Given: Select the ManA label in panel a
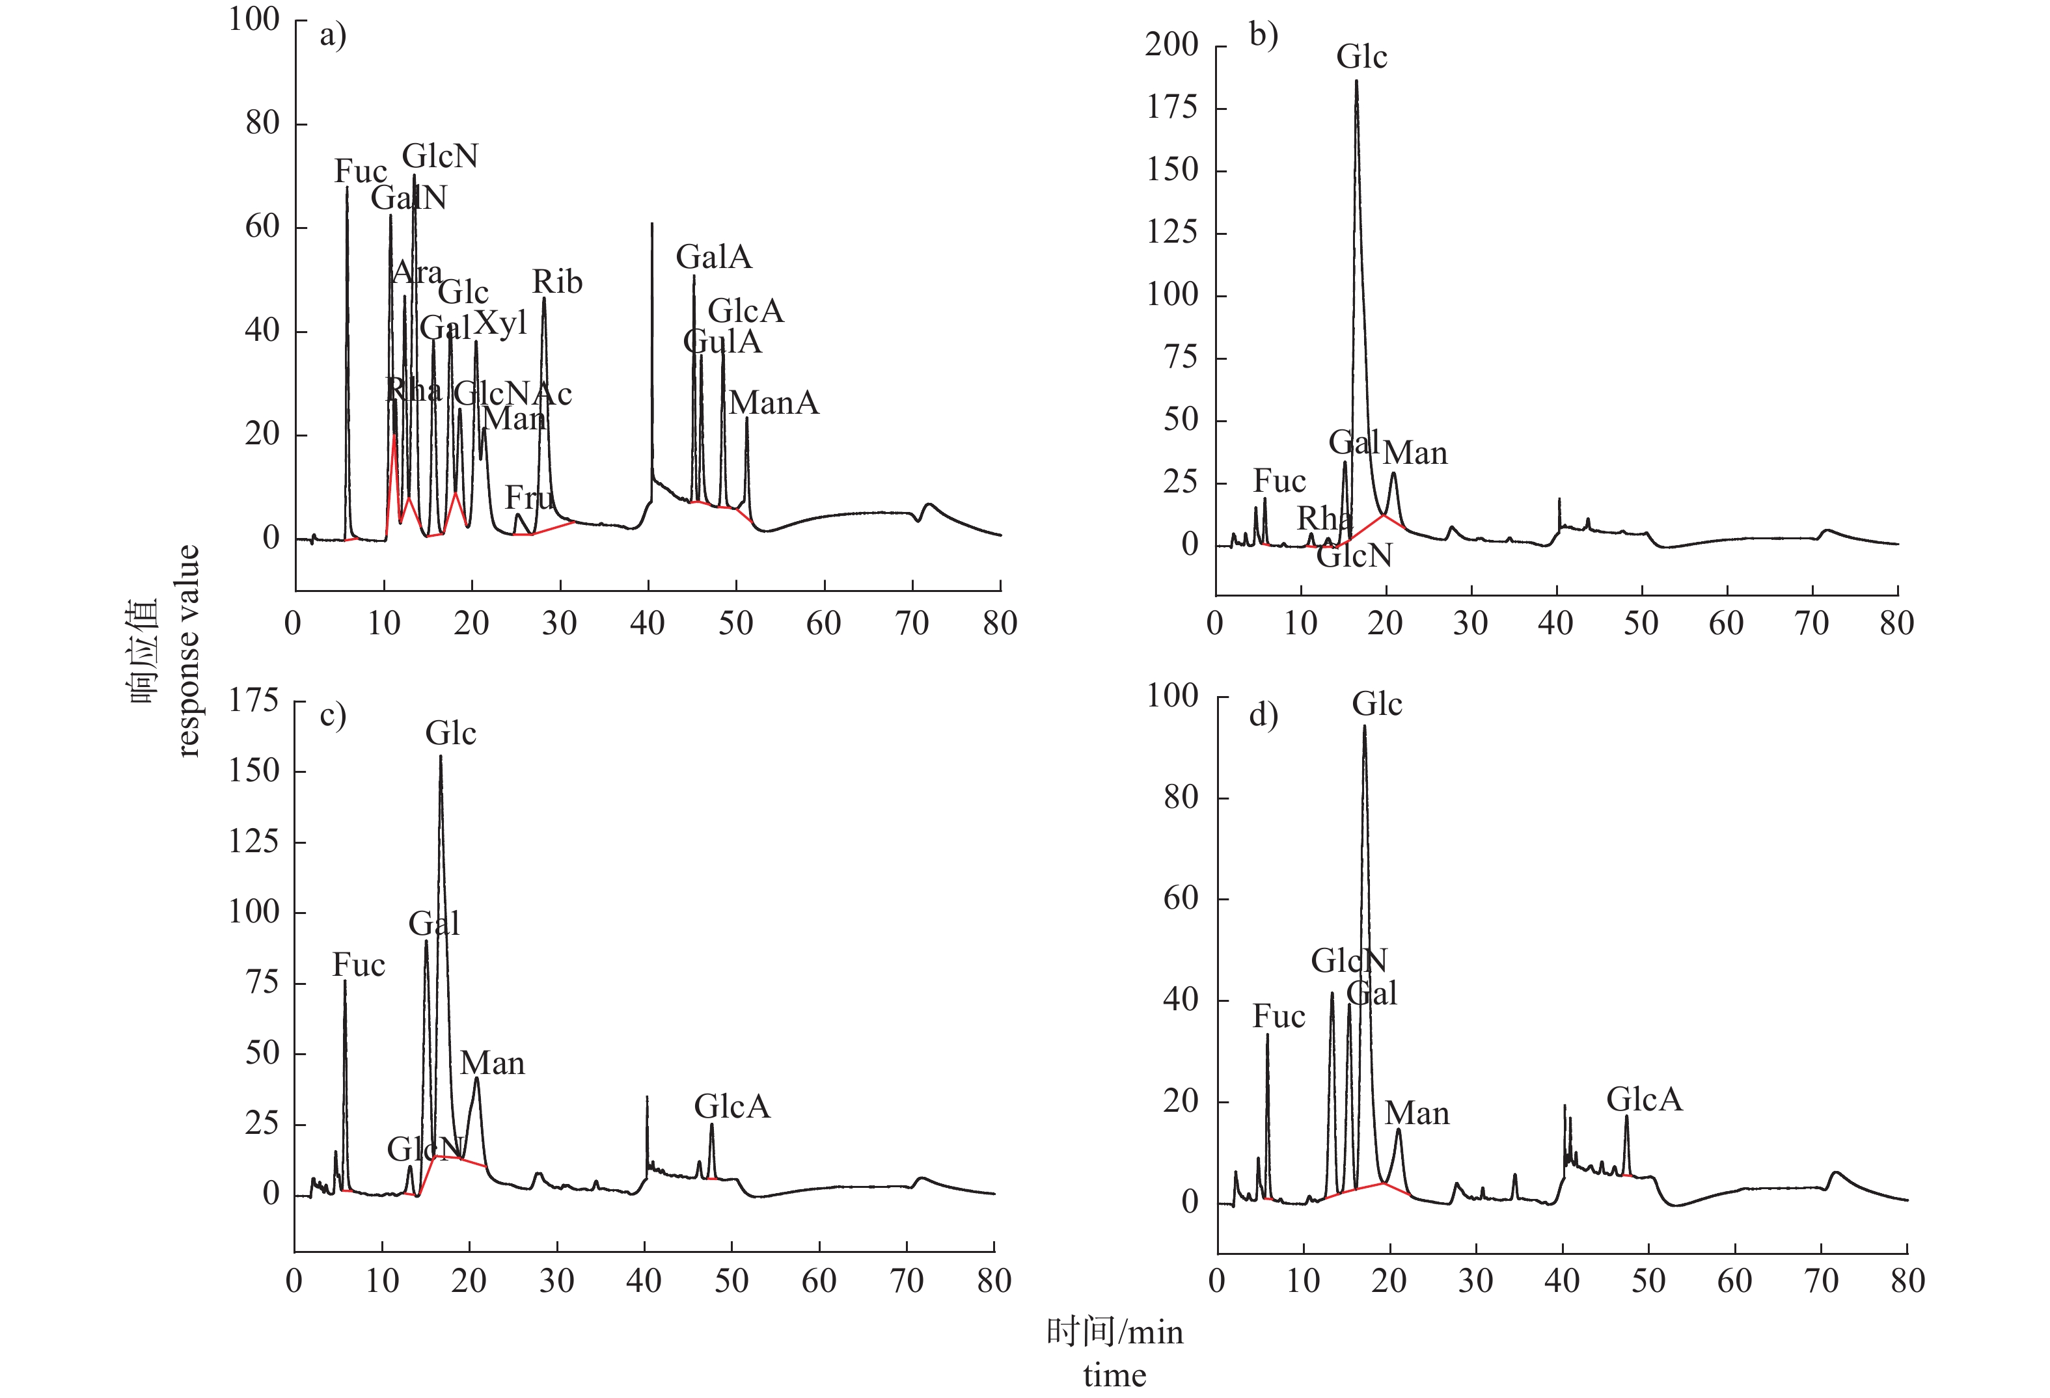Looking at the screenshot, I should (774, 403).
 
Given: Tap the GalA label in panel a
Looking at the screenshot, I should (714, 258).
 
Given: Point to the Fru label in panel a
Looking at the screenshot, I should (528, 498).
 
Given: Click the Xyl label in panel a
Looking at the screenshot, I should (500, 324).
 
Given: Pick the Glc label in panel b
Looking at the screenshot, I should (1361, 57).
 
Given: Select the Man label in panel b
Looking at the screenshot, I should (1415, 453).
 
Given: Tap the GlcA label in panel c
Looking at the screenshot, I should (731, 1106).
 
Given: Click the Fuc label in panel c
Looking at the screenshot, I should (358, 965).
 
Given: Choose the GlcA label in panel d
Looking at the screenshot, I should (1645, 1099).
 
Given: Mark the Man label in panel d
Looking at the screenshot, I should (1417, 1114).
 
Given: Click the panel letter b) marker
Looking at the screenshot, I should (1263, 35).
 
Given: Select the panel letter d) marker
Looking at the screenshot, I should (1263, 714).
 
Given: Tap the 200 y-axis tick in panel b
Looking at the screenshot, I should (1171, 45).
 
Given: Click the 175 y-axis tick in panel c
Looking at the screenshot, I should (253, 701).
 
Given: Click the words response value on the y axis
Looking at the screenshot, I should (188, 651).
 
